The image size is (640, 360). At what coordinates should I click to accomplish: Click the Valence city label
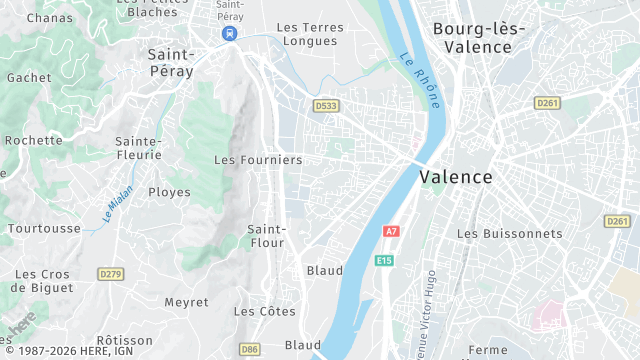[x=456, y=177]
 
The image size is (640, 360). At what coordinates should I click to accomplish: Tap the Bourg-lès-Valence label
[x=478, y=38]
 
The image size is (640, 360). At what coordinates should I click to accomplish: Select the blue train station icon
[x=230, y=33]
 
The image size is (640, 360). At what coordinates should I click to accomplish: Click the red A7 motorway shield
[x=391, y=232]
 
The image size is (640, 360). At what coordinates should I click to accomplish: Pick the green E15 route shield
[x=384, y=261]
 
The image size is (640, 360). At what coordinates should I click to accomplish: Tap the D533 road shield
[x=325, y=105]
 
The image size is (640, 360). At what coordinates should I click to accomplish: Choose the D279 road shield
[x=110, y=273]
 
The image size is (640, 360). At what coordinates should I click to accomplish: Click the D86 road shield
[x=250, y=349]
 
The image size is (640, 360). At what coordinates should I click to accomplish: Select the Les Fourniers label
[x=258, y=160]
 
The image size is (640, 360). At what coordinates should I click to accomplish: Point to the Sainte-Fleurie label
[x=138, y=148]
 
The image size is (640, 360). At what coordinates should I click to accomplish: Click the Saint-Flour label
[x=267, y=236]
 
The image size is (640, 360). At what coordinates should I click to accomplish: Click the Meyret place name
[x=186, y=302]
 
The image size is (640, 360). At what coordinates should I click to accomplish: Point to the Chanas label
[x=50, y=18]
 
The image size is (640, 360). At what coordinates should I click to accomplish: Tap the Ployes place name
[x=169, y=192]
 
